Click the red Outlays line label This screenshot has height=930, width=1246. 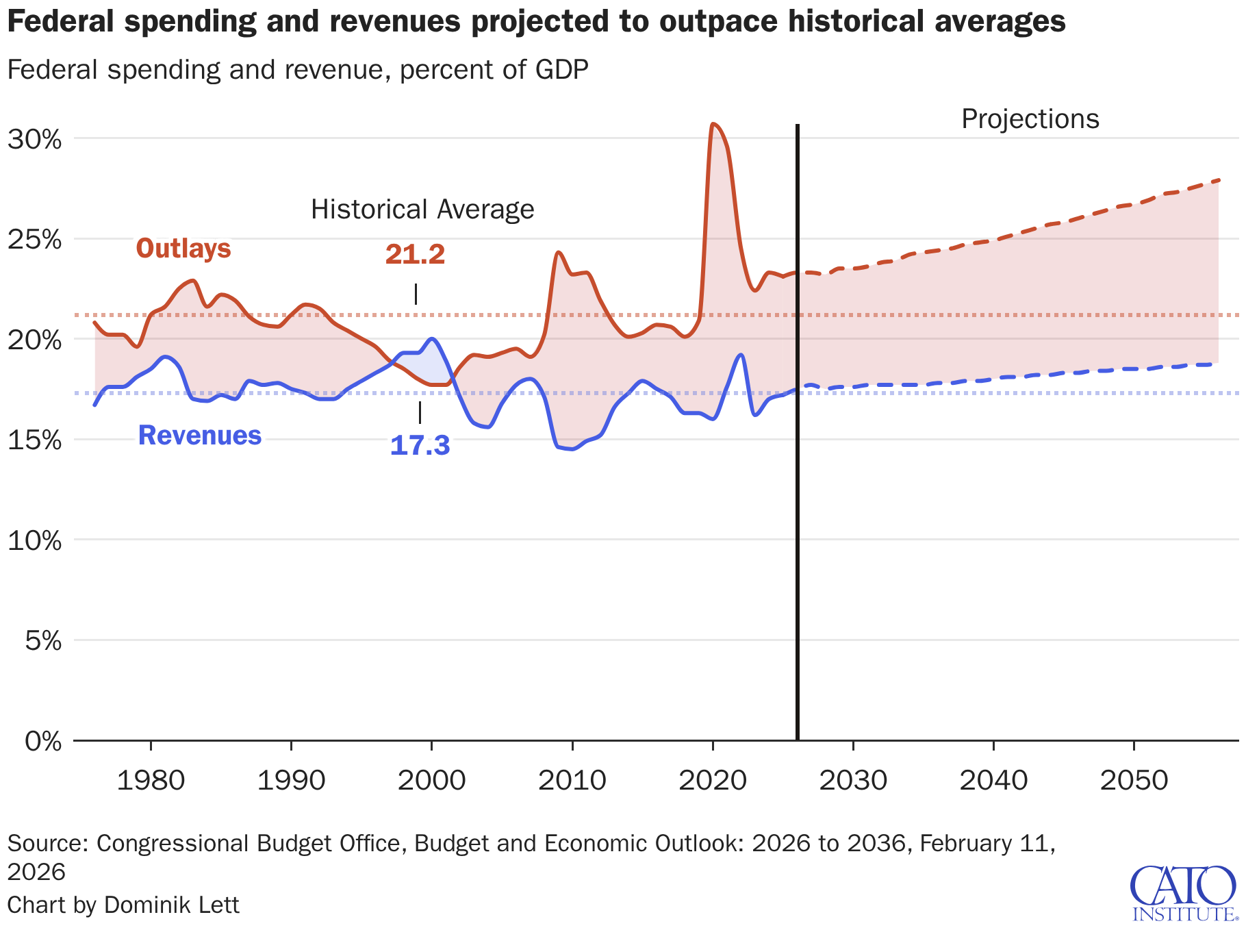183,248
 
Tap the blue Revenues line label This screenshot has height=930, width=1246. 200,436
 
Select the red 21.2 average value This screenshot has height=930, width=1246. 415,255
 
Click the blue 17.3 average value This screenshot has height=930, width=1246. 420,446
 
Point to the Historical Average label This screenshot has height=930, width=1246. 422,210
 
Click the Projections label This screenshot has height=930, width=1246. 1030,119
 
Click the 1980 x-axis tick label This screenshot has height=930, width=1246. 151,781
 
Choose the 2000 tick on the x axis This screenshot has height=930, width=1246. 431,781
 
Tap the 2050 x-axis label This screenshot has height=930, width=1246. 1134,781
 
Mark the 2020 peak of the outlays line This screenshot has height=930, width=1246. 713,124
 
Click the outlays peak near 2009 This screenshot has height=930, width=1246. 559,253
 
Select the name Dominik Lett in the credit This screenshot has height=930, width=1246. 172,905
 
